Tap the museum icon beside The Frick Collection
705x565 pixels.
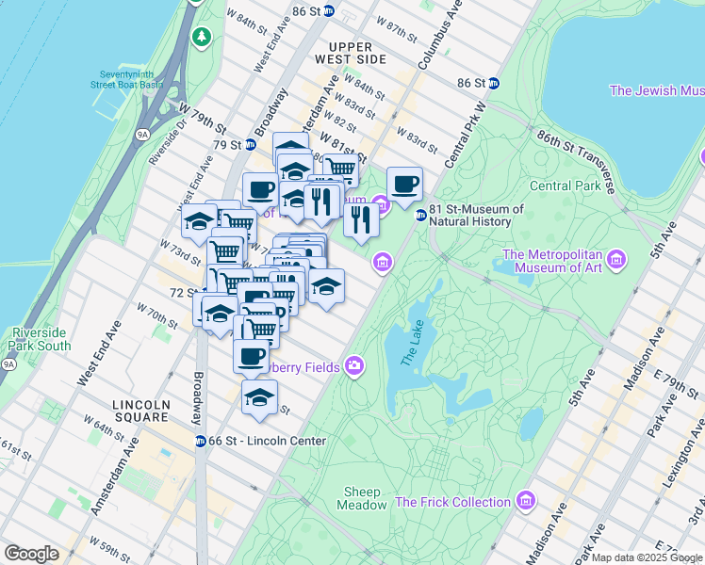pos(527,499)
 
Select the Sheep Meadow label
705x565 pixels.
pos(362,498)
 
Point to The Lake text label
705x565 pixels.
pos(413,344)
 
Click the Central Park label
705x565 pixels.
pos(565,186)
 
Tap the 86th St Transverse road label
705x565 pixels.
pos(576,162)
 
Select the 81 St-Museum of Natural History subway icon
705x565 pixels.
pos(420,215)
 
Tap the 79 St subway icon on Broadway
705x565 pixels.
pos(250,145)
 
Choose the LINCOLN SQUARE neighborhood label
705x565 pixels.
pos(141,412)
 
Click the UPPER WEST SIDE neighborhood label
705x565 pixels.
pos(357,53)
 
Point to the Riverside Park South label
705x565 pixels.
pos(41,339)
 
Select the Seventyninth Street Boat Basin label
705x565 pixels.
pos(127,79)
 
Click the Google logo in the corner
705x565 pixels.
pos(31,554)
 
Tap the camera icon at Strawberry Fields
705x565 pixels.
pos(354,365)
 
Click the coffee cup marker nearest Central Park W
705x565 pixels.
pos(404,184)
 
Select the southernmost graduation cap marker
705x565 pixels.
pos(259,396)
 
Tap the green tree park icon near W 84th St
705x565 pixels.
pos(201,36)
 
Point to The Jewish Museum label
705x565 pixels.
pos(657,90)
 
